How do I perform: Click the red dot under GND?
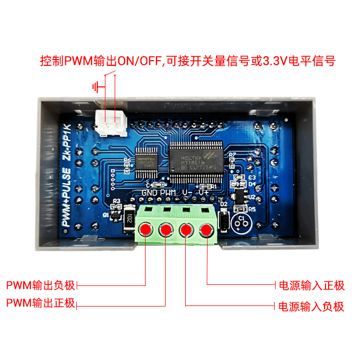146,229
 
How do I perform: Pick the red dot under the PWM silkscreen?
166,230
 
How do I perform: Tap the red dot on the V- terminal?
186,230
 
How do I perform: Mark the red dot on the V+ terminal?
207,230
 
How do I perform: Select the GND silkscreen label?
149,193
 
